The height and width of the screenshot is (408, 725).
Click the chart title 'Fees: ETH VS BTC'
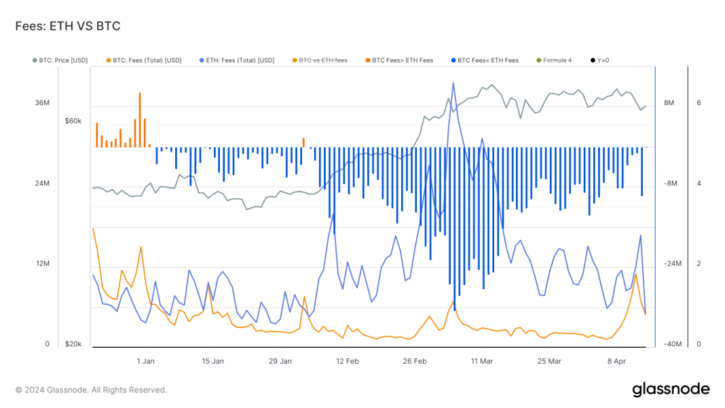[x=68, y=26]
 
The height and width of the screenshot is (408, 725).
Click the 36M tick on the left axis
[x=43, y=103]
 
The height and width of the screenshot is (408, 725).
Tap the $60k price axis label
[x=73, y=121]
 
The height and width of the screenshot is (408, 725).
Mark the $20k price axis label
[x=73, y=344]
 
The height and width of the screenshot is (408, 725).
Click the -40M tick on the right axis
[x=673, y=344]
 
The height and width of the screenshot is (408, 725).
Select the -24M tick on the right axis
[x=673, y=264]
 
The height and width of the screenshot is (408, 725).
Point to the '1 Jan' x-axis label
[x=145, y=361]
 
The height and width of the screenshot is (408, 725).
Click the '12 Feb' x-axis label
[x=347, y=361]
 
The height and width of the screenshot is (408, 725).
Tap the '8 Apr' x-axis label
[x=616, y=361]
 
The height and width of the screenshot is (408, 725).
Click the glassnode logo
[x=671, y=390]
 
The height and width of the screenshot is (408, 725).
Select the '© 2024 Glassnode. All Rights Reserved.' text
[x=91, y=390]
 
